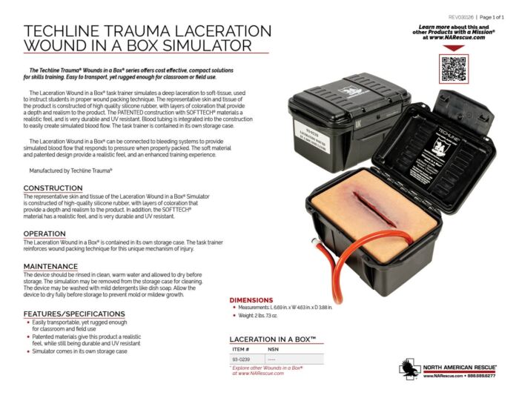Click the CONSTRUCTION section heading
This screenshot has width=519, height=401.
point(53,188)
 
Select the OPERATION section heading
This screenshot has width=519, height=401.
point(47,233)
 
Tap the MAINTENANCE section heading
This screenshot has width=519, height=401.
point(50,266)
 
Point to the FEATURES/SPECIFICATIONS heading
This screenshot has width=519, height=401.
point(74,314)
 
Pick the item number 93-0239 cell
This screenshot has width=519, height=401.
point(241,359)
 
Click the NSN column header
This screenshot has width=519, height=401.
point(274,348)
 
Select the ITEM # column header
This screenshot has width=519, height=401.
point(241,348)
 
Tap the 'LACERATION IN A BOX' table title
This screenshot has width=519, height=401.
point(273,338)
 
